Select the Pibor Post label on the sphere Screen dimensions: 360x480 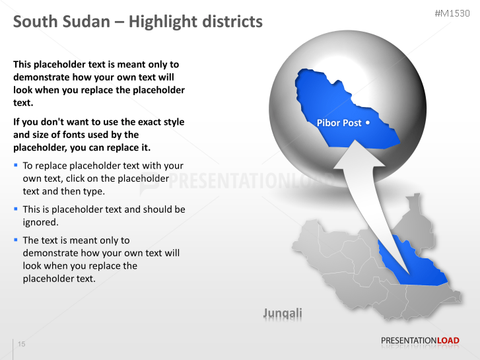(339, 123)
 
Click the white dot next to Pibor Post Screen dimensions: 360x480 (367, 123)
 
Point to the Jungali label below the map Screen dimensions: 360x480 (283, 312)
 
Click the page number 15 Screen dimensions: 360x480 (22, 344)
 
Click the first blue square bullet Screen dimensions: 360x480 (16, 165)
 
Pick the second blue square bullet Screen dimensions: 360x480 (16, 209)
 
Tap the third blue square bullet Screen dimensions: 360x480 (16, 240)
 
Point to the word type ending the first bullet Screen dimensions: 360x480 (94, 191)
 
